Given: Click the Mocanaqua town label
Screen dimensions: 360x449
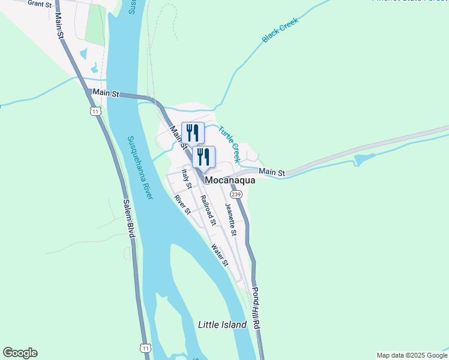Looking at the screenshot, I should [x=231, y=180].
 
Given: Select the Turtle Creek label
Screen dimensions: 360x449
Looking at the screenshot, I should [x=229, y=144].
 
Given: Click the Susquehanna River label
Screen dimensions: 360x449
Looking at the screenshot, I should [x=140, y=167].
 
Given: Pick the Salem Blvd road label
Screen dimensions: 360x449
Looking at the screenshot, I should [x=128, y=218].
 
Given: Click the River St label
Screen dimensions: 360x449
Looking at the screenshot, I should [x=182, y=205].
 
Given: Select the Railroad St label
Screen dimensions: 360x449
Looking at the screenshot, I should [x=208, y=210].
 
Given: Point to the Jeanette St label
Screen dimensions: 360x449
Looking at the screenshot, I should [x=231, y=220].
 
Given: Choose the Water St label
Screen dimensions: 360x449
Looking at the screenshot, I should [x=220, y=254].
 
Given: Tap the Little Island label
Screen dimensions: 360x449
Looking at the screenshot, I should [x=222, y=325].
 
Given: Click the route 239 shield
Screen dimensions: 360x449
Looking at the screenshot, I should [x=236, y=194].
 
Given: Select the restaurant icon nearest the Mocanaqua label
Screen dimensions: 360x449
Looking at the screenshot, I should [x=204, y=157].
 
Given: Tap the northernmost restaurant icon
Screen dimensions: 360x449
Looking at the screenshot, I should [x=193, y=133].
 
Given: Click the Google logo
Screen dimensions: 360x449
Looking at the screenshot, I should [x=20, y=353].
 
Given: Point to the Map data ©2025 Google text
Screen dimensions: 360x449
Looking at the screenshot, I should [x=412, y=355].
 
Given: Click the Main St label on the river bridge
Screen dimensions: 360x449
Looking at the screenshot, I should [x=106, y=94].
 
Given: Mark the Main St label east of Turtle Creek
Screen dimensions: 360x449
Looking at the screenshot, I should [x=272, y=172].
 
